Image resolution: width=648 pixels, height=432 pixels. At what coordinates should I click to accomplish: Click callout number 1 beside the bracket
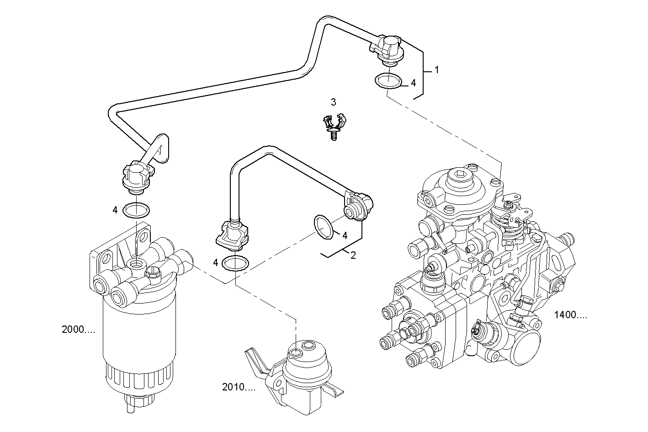coord(436,70)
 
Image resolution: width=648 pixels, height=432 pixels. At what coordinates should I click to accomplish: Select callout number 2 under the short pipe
coord(353,256)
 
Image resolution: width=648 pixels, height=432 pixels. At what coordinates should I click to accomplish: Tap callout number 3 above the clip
coord(334,101)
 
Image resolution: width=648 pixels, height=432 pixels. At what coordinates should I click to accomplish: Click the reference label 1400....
coord(570,315)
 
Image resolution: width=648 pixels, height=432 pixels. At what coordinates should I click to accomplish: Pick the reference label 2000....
coord(78,330)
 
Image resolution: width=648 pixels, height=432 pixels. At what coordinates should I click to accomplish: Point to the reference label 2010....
coord(239,388)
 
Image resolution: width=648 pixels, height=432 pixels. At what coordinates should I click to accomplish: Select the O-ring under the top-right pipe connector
coord(388,81)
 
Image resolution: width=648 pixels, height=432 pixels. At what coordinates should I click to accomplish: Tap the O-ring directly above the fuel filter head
coord(137,210)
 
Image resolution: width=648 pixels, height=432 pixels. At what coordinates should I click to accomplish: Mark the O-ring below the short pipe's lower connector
coord(235,264)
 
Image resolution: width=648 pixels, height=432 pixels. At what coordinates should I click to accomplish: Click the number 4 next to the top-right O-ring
coord(413,83)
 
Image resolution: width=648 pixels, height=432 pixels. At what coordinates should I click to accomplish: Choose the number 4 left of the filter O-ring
coord(115,210)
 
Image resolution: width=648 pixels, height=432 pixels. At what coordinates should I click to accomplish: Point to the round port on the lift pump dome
coord(296,352)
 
